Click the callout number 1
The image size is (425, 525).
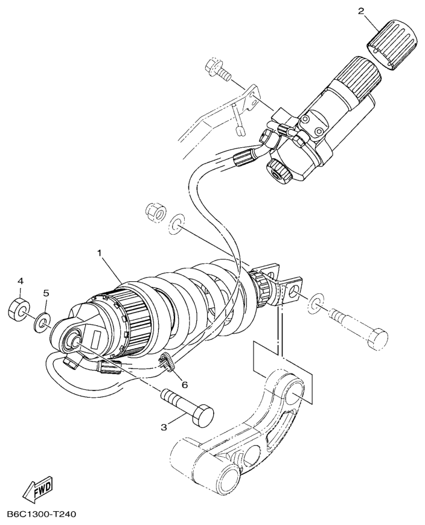pos(99,253)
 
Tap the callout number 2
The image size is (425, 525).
pos(360,11)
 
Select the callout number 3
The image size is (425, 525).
pos(164,427)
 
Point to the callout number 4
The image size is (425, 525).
pos(21,282)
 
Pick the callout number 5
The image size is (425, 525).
pos(46,293)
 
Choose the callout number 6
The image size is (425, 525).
pos(185,385)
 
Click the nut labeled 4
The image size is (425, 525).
pos(19,310)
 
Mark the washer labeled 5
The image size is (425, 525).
pos(42,320)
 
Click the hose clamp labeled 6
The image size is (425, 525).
pos(167,362)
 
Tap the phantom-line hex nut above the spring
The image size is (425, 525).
pos(156,212)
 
